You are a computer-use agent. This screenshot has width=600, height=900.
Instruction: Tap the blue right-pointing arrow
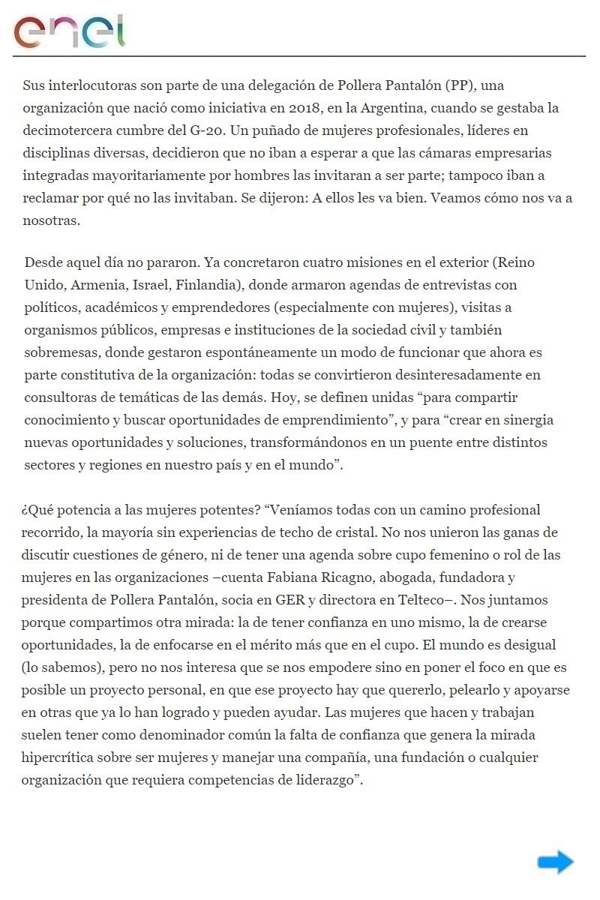(555, 862)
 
